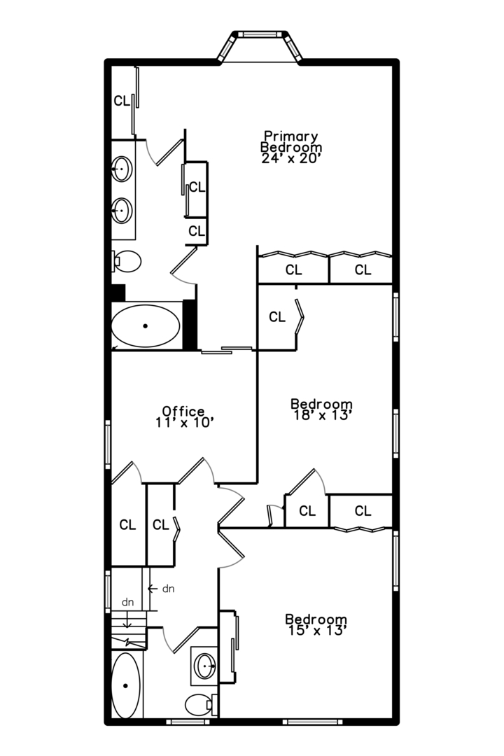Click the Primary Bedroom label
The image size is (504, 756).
pyautogui.click(x=290, y=141)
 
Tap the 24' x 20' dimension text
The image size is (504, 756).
pyautogui.click(x=290, y=159)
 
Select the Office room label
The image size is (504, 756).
pyautogui.click(x=183, y=411)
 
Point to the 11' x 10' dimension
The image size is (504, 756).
pyautogui.click(x=183, y=423)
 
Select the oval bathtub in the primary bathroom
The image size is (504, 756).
pyautogui.click(x=146, y=326)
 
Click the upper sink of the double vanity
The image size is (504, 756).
pyautogui.click(x=122, y=169)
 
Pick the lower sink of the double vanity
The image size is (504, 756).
pyautogui.click(x=122, y=209)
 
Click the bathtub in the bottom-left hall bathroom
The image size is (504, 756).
pyautogui.click(x=127, y=685)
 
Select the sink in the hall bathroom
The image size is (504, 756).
pyautogui.click(x=204, y=666)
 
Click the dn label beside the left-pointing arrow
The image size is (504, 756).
pyautogui.click(x=168, y=589)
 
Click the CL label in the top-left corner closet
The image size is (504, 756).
pyautogui.click(x=121, y=101)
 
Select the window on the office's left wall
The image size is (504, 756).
pyautogui.click(x=108, y=444)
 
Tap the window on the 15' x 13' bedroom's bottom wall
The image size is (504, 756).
pyautogui.click(x=308, y=721)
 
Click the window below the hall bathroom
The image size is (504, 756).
pyautogui.click(x=188, y=721)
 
